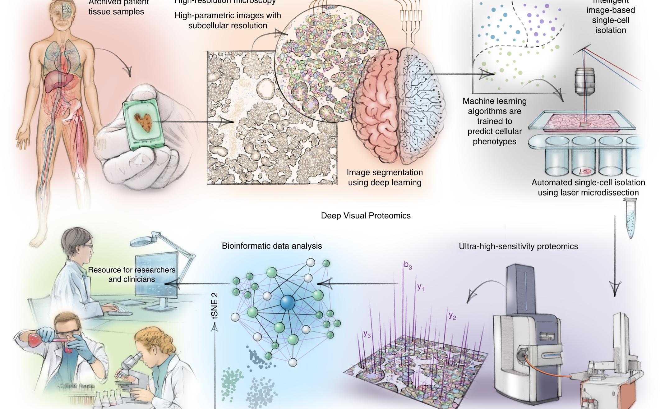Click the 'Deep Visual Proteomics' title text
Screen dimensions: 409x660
click(x=366, y=216)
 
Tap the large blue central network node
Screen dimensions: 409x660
click(x=288, y=302)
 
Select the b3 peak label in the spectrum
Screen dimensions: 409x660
click(x=408, y=265)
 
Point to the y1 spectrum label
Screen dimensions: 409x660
click(x=421, y=287)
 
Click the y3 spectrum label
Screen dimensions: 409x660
click(x=367, y=334)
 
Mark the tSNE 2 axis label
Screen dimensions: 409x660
click(x=215, y=306)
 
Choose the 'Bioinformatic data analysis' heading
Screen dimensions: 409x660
click(x=272, y=246)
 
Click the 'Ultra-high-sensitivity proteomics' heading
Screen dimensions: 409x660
click(x=518, y=246)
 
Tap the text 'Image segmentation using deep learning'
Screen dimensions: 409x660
click(x=385, y=177)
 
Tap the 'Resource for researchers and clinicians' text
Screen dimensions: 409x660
click(x=132, y=274)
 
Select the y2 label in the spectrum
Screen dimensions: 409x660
click(x=452, y=315)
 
